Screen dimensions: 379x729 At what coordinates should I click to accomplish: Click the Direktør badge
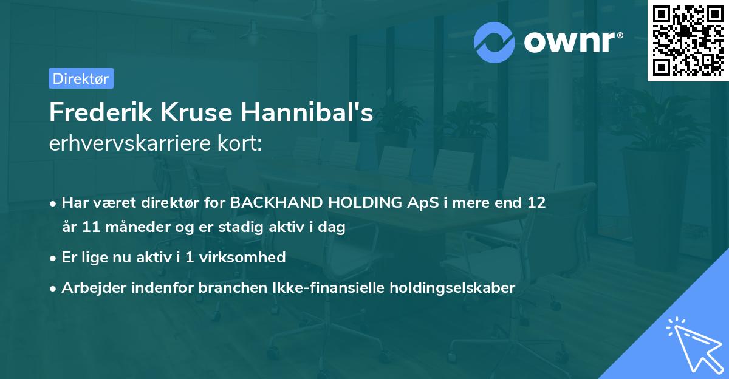81,78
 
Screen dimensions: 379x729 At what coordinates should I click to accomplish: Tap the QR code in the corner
687,40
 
